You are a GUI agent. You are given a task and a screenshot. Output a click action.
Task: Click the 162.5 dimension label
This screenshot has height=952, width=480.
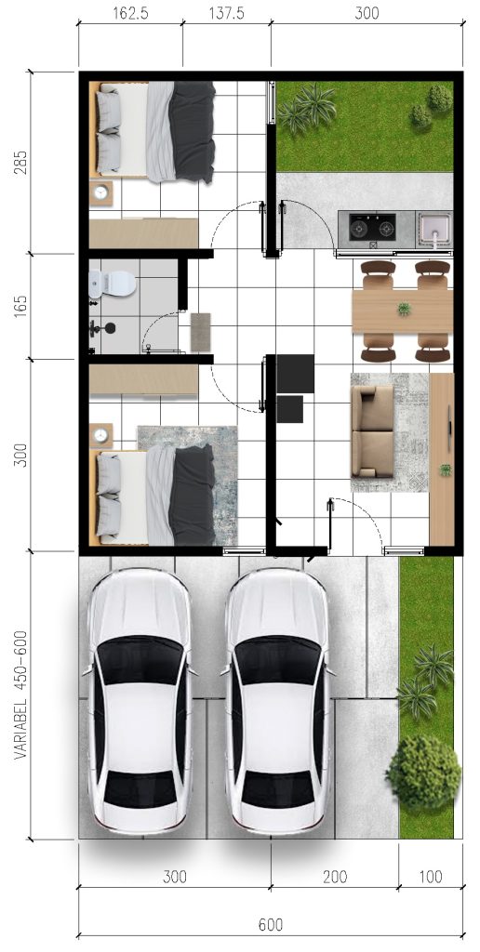coord(130,13)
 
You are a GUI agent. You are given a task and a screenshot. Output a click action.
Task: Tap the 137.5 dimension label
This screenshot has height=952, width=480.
coord(227,13)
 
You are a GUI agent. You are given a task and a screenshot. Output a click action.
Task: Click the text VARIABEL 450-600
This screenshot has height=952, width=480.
coord(20,695)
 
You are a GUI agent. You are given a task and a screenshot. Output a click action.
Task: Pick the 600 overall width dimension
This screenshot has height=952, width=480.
coord(271,925)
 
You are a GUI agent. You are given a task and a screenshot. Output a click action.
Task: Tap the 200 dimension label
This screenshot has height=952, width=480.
coord(335,877)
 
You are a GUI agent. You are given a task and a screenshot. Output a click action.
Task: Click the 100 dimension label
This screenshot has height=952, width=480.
coord(431,877)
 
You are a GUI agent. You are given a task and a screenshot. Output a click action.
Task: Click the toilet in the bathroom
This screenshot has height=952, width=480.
coord(113,284)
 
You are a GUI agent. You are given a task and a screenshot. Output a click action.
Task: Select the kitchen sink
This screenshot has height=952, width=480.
coord(434,230)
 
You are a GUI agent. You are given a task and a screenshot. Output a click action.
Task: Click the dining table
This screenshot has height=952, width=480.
coord(402,311)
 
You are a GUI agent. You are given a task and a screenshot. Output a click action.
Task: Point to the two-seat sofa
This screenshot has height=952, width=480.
coord(372,431)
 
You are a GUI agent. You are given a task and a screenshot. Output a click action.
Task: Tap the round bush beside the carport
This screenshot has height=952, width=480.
coord(423,772)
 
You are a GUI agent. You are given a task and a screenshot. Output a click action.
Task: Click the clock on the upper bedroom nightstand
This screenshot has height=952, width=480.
coord(100,192)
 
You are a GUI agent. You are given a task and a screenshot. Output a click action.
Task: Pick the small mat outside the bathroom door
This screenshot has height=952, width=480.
coord(201,332)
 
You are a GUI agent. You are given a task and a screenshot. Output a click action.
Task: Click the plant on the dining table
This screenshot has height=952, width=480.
coord(404,309)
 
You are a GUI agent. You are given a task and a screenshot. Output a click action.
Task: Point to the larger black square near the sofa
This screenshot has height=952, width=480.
coord(295,374)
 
